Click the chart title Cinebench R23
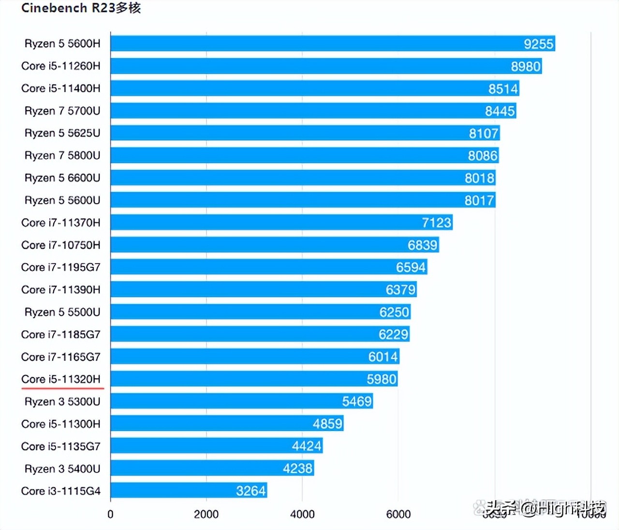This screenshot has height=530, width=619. point(81,8)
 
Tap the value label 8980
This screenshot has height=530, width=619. point(526,66)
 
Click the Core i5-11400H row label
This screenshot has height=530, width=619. point(61,88)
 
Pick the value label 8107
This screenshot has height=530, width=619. point(483,133)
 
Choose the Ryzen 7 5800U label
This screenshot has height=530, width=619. point(62,156)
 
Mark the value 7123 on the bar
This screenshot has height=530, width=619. point(436,223)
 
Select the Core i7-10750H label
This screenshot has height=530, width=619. point(61,245)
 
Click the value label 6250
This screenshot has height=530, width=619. point(394,312)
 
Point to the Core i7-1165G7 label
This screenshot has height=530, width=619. point(61,357)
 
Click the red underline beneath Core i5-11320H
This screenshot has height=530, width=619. point(62,388)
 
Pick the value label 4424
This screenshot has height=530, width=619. point(307,446)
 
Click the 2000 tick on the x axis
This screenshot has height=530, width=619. point(206,515)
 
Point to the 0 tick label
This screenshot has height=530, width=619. point(110,515)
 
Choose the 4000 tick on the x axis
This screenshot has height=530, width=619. point(302,515)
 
